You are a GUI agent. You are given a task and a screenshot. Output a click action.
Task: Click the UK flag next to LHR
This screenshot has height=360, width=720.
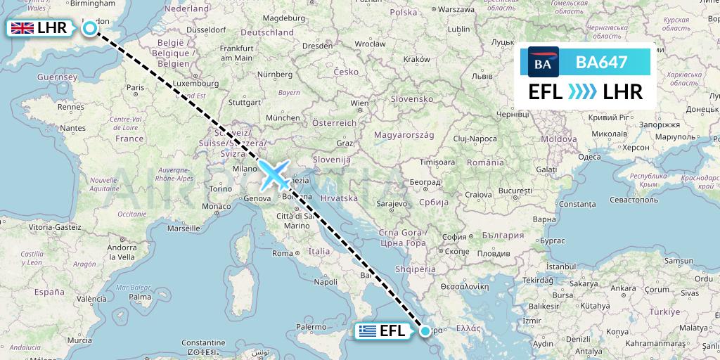click(22, 29)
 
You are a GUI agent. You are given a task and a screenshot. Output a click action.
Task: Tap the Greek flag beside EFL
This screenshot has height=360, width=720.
click(366, 331)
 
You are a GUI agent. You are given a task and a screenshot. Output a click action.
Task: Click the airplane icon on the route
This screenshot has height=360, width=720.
click(275, 175)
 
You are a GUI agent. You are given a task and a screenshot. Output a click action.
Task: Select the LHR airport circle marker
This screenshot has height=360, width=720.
click(90, 28)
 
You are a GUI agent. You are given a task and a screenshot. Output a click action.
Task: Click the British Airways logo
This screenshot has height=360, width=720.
click(543, 63)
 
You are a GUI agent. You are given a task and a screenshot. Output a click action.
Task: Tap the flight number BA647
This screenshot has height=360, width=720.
click(601, 63)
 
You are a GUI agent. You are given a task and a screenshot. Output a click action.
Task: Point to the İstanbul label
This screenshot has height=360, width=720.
click(546, 267)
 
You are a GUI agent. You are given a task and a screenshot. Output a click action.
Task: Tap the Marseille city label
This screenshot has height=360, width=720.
click(184, 229)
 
